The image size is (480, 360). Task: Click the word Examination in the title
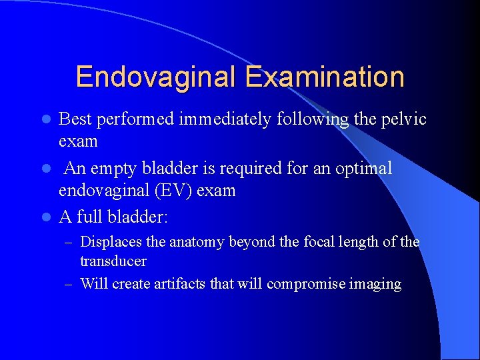coord(325,77)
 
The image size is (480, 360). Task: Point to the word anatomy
coord(198,242)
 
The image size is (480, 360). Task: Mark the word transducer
coord(113,261)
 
